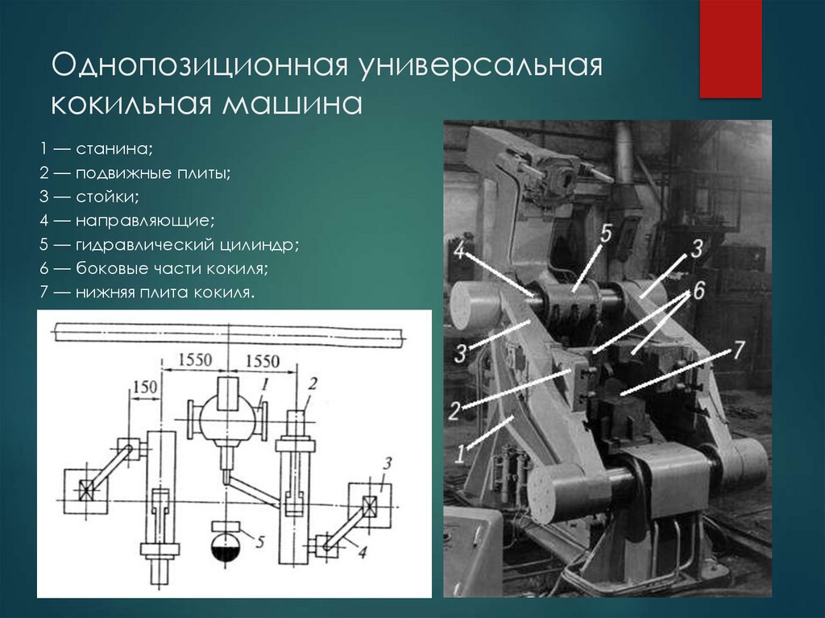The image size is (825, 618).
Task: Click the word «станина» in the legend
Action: [114, 149]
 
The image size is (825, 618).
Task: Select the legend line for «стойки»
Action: [89, 197]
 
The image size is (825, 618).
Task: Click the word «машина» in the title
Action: [292, 104]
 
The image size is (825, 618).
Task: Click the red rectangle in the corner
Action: [730, 49]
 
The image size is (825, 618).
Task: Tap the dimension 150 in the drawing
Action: [144, 387]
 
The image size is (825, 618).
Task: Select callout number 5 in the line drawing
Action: [259, 541]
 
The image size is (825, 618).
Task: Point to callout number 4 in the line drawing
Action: [362, 551]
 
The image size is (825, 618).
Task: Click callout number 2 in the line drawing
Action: [313, 384]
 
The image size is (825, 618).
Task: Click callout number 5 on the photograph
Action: [606, 234]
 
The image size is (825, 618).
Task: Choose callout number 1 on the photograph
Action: [460, 454]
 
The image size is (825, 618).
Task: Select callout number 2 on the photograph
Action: [454, 410]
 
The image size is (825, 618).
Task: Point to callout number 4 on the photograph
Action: [459, 251]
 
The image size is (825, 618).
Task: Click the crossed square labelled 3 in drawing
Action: [371, 506]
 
